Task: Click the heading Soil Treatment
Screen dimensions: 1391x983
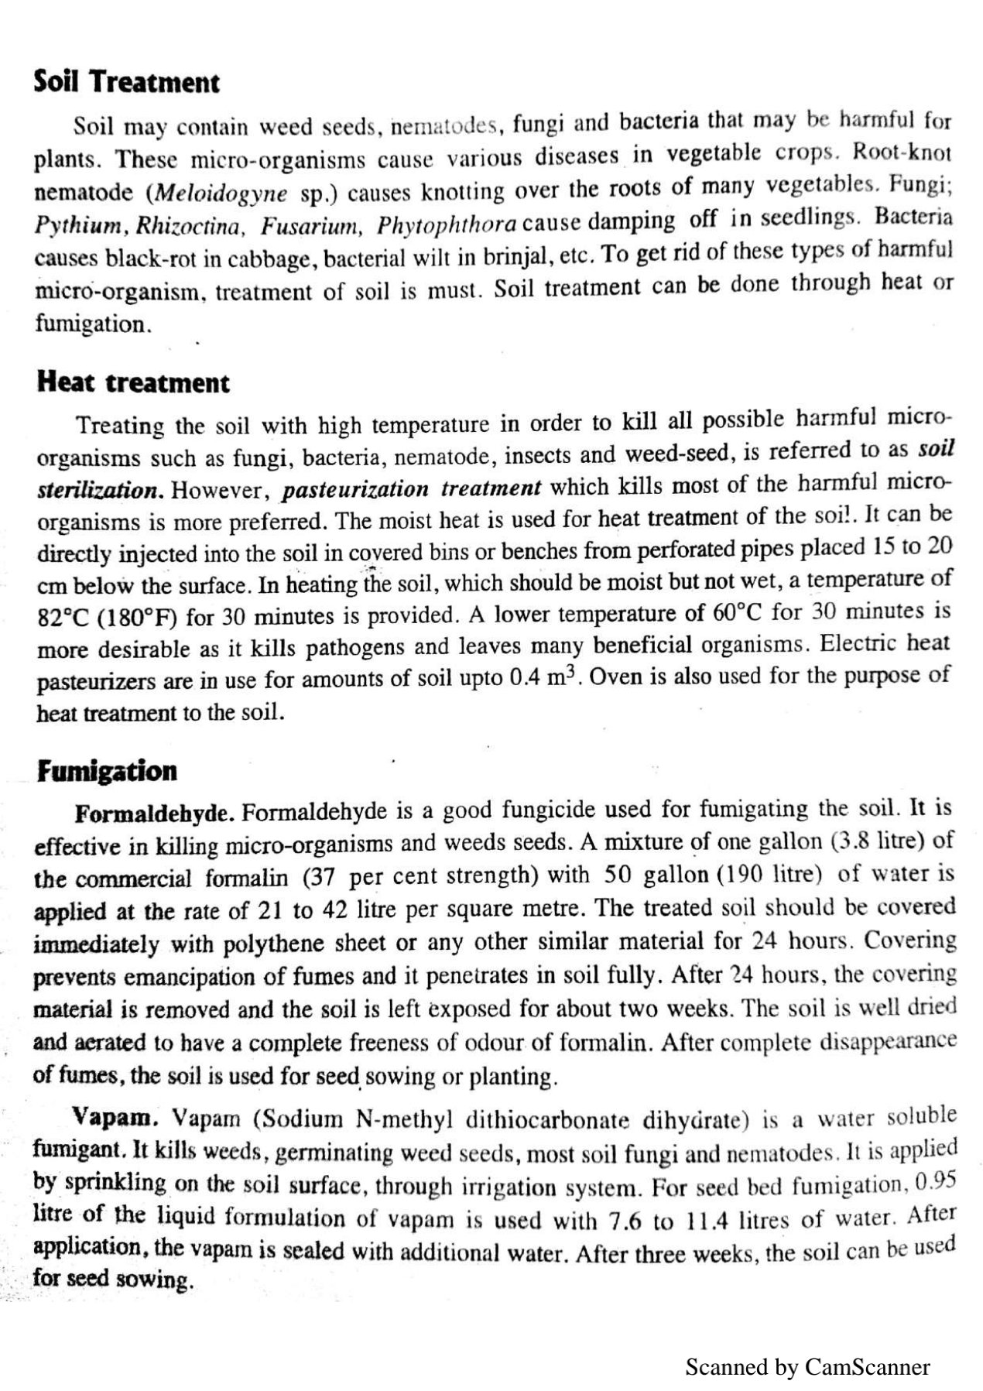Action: [x=126, y=82]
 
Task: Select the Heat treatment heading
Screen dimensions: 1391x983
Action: [x=132, y=382]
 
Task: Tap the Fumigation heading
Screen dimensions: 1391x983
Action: [x=107, y=770]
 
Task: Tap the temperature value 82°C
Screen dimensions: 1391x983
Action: [x=65, y=618]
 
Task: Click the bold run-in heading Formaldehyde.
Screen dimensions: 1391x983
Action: [x=155, y=814]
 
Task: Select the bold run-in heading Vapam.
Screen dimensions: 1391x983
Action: [x=116, y=1119]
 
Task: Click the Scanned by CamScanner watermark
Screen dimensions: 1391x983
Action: [x=807, y=1367]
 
